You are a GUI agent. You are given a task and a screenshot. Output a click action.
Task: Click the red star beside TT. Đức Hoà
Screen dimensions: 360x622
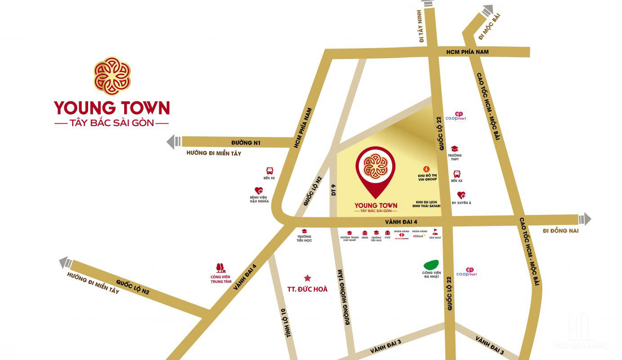click(x=308, y=278)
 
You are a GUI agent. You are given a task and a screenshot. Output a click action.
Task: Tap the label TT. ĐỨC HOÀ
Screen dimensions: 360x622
click(x=308, y=289)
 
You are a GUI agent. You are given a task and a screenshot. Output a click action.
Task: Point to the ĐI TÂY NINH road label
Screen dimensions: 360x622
click(x=422, y=27)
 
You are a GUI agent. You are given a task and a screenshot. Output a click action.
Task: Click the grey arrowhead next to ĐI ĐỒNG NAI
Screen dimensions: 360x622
click(x=585, y=219)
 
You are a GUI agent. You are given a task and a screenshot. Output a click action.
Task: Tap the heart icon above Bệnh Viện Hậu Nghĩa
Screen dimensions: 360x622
click(x=259, y=191)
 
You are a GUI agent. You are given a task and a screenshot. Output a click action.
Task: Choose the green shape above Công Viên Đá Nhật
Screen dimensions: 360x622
click(x=431, y=265)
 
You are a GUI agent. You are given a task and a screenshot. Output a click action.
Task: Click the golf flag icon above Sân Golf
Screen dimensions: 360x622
click(x=434, y=232)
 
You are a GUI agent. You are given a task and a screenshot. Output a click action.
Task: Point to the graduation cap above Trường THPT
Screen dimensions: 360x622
click(x=455, y=148)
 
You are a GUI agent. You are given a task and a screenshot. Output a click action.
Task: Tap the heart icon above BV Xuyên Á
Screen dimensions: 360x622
click(x=461, y=195)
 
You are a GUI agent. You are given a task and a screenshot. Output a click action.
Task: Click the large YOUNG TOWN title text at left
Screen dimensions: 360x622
click(x=112, y=108)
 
